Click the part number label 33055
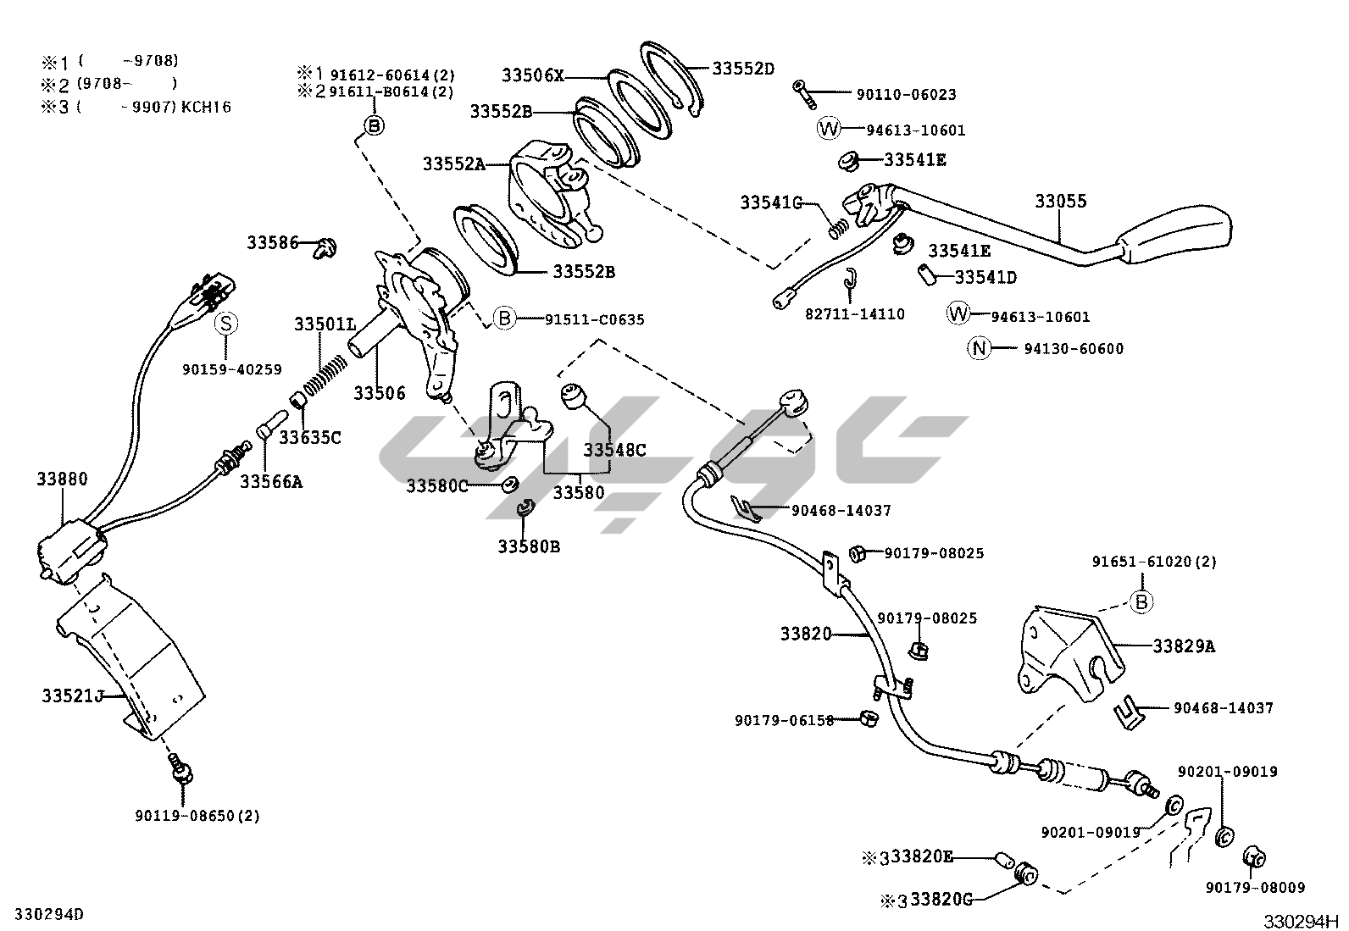[1060, 202]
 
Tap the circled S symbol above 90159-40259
[226, 324]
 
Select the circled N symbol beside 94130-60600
[980, 348]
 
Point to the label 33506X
[532, 75]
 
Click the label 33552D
[743, 69]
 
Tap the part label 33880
[61, 479]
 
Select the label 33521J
[72, 695]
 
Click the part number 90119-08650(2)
[197, 816]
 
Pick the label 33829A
[1183, 646]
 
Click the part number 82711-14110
[854, 314]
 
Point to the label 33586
[273, 243]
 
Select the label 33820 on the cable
[806, 633]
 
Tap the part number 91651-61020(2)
[1153, 562]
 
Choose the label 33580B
[529, 546]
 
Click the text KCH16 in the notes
[207, 107]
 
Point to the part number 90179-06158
[784, 720]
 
